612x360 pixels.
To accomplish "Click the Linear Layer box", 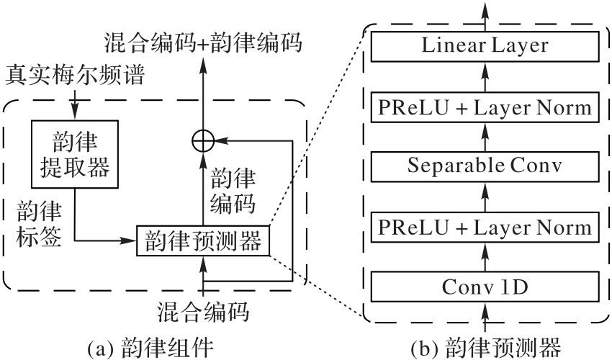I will pos(485,47).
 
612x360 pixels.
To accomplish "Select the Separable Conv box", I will pos(485,167).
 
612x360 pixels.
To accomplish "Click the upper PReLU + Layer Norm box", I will pos(485,107).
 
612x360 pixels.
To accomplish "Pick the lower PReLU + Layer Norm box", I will pos(485,228).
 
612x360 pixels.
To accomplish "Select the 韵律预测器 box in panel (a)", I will pos(204,240).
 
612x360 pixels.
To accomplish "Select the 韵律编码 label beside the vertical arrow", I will pos(235,191).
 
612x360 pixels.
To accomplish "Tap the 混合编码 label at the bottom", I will pos(204,312).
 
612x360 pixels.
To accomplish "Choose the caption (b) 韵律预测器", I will pos(485,348).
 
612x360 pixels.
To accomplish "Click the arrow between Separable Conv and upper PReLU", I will pos(485,138).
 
